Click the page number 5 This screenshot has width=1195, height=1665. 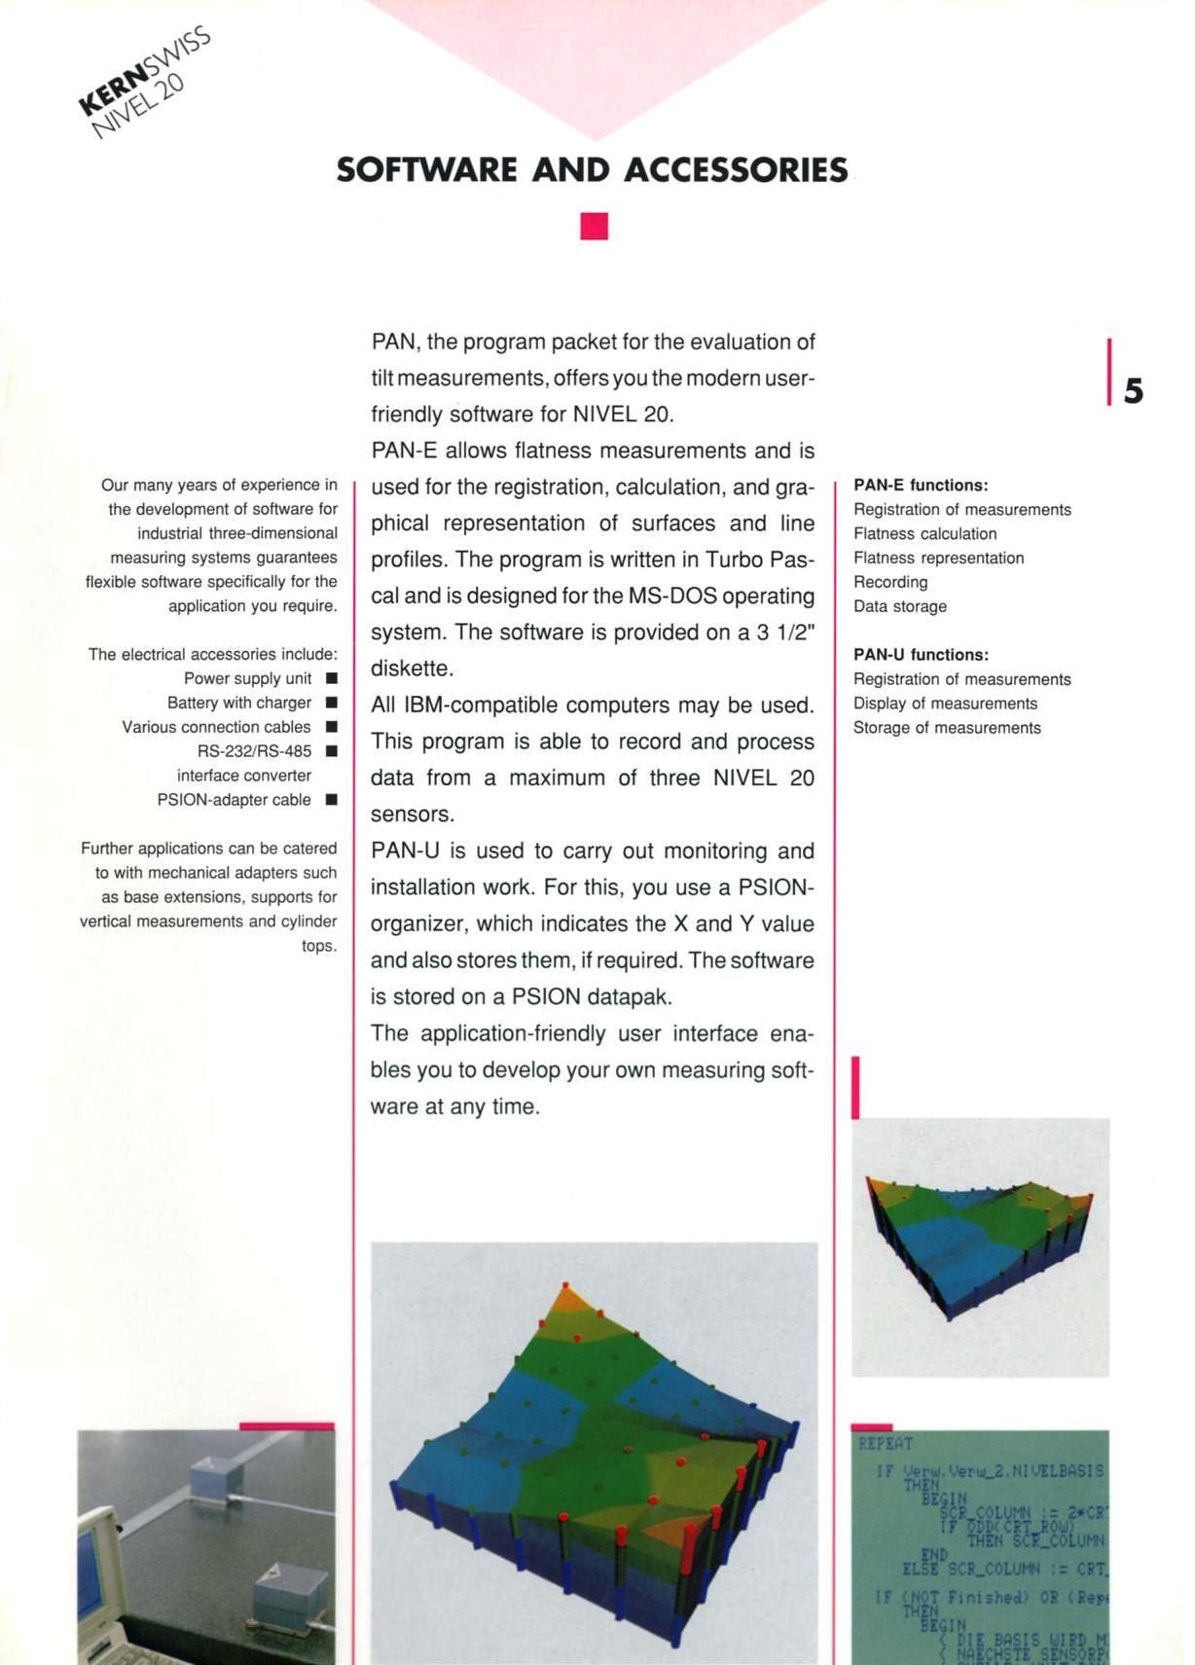click(1134, 391)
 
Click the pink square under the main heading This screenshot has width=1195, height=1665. click(594, 226)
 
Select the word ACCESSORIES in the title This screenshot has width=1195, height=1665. click(736, 170)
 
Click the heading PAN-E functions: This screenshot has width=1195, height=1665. click(921, 485)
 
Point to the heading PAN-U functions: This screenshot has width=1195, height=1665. click(921, 655)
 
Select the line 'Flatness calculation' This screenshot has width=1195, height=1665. click(924, 533)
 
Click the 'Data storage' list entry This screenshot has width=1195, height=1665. click(899, 606)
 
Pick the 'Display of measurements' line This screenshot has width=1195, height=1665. click(945, 704)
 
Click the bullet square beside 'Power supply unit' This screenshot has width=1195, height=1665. click(332, 678)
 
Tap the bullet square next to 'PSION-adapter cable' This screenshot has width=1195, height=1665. click(332, 800)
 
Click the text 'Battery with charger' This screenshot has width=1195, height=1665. click(238, 703)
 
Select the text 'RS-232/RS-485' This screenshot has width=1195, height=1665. click(254, 751)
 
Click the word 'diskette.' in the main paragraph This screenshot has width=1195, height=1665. click(412, 670)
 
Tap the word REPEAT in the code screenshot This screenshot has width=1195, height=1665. click(886, 1443)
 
